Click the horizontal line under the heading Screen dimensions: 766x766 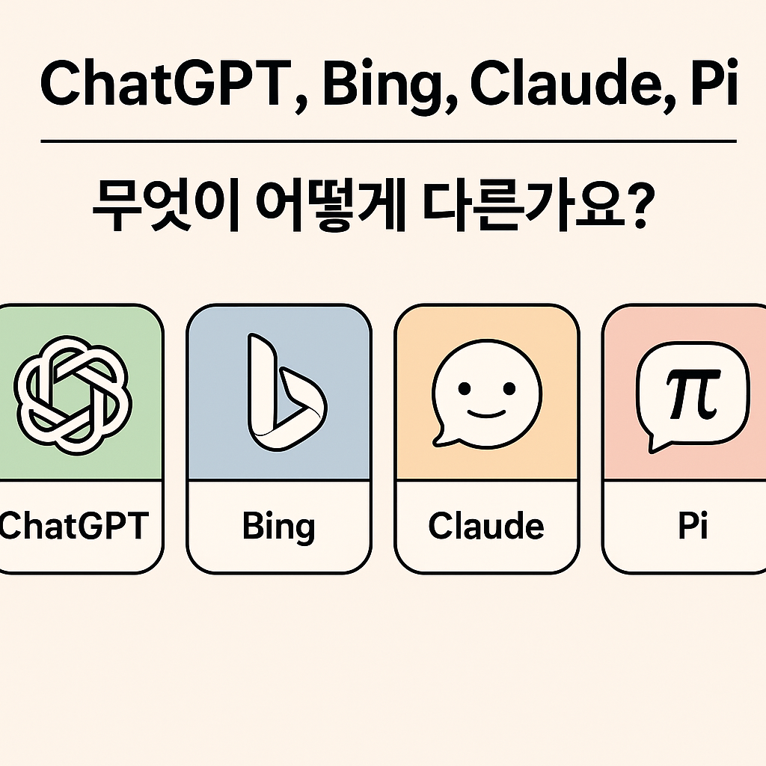pos(388,141)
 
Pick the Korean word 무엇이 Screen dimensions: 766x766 pos(165,206)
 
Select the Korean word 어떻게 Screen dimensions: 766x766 pos(331,206)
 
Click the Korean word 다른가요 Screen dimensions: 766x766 pos(523,206)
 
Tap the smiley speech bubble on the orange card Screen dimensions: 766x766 pos(486,393)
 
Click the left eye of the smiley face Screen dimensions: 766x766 pos(464,388)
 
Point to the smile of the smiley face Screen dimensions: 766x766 pos(486,414)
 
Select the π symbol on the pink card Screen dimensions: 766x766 pos(692,393)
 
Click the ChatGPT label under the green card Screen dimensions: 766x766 pos(73,526)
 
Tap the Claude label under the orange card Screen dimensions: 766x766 pos(486,525)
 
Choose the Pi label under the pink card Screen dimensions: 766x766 pos(693,525)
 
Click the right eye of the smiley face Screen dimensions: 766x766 pos(509,388)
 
